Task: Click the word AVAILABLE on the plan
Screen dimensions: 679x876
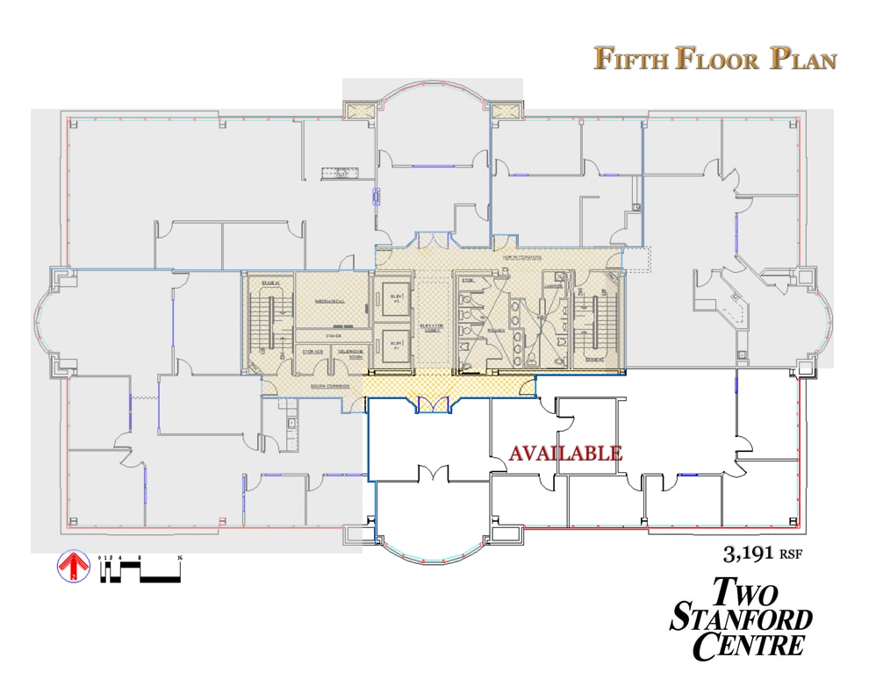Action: pos(566,454)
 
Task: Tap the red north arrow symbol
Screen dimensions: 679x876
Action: pos(74,567)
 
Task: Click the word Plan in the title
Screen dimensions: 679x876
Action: pos(803,59)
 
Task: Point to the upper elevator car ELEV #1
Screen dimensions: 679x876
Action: pos(393,297)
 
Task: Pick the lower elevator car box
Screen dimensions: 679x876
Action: pos(393,345)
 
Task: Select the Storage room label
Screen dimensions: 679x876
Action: pos(312,353)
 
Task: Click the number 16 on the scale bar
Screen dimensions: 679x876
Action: pos(179,557)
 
